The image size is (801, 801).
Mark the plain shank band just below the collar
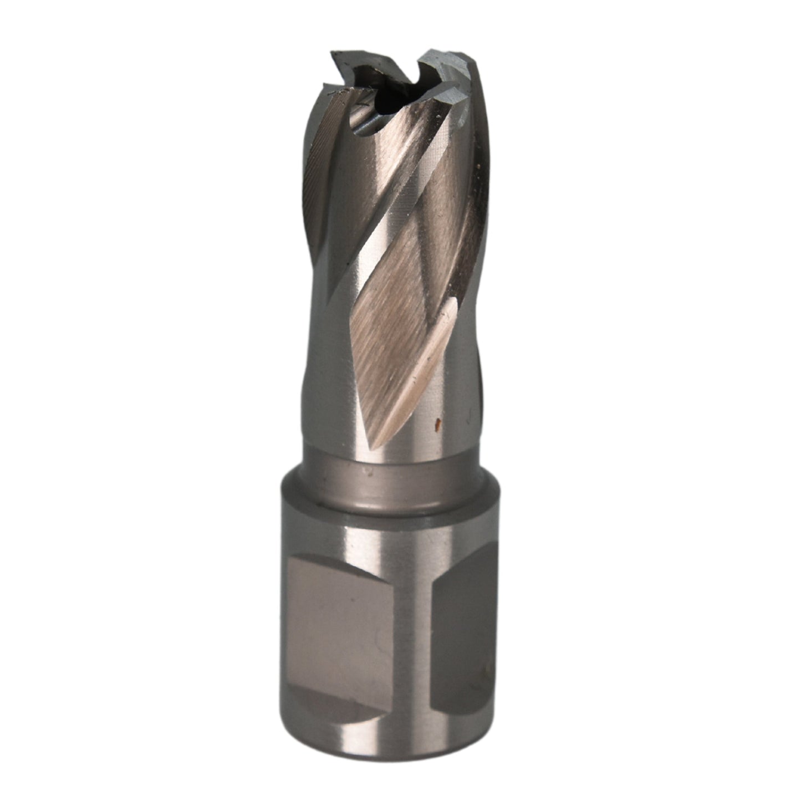[388, 521]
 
